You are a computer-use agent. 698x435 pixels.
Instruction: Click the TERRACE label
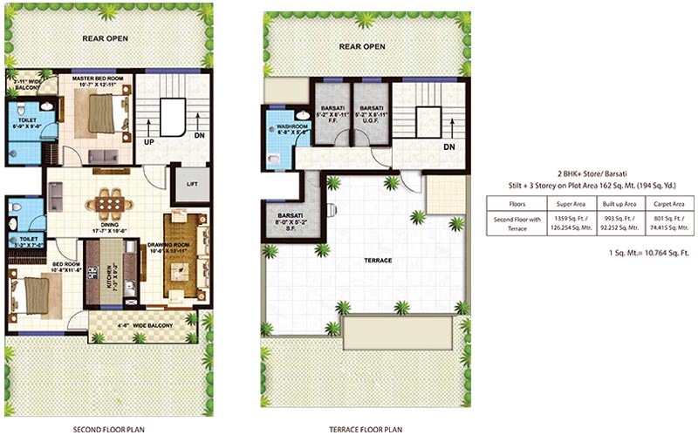click(x=377, y=261)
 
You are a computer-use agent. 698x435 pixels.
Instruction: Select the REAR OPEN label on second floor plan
click(x=106, y=39)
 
